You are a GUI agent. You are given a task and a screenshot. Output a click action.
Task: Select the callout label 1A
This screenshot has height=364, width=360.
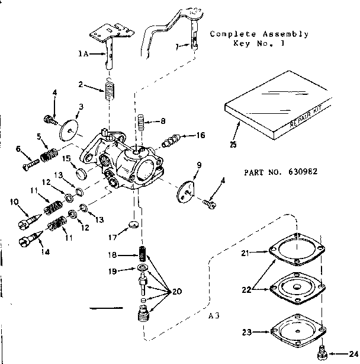83,53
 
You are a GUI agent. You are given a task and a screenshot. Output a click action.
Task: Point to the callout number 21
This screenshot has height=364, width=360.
245,253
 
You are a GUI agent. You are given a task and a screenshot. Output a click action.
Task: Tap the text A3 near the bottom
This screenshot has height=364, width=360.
214,315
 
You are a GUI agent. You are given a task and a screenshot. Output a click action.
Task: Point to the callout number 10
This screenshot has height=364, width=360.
15,202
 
